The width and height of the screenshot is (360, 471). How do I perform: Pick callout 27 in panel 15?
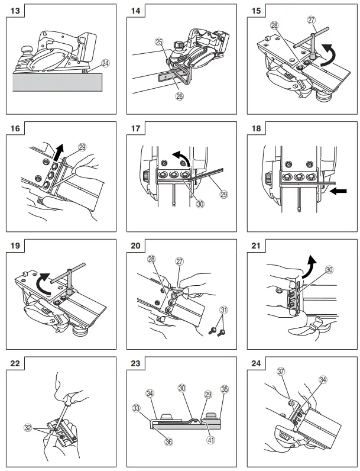click(x=312, y=20)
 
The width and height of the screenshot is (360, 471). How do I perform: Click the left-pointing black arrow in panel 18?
click(x=338, y=192)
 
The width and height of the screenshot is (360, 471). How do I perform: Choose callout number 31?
click(x=223, y=309)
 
